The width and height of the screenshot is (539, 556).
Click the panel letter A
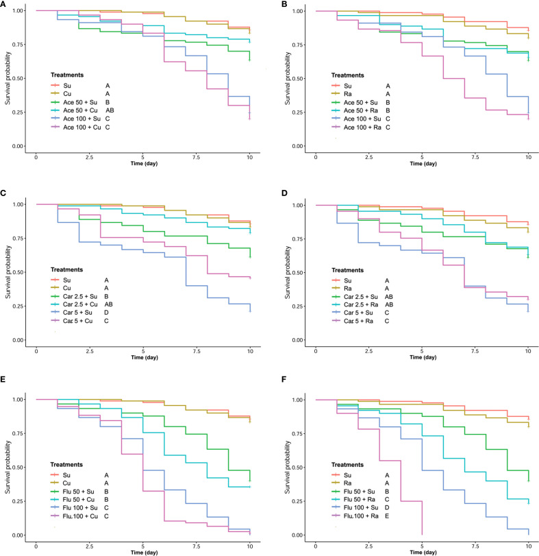[x=3, y=5]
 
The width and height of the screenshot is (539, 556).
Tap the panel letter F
[x=284, y=379]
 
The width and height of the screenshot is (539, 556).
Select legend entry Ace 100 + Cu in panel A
[x=82, y=127]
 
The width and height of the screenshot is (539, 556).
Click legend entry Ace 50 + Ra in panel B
[x=361, y=110]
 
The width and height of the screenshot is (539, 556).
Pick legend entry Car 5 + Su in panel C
[x=77, y=313]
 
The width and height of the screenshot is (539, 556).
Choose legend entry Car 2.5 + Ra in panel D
[x=361, y=304]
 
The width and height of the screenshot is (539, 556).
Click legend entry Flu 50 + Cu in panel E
[x=78, y=500]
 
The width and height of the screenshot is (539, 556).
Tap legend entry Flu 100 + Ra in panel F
[x=361, y=516]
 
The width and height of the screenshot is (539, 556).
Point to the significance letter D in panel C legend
[x=106, y=313]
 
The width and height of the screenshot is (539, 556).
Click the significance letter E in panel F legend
[x=387, y=516]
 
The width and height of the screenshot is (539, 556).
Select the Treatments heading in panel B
[x=347, y=75]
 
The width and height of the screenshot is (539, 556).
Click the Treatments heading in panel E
[x=66, y=465]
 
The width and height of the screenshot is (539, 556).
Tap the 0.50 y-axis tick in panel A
[x=18, y=78]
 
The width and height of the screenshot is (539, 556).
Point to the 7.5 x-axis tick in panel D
[x=475, y=351]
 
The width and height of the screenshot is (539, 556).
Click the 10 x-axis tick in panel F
[x=528, y=546]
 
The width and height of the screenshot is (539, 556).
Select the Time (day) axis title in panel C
[x=145, y=357]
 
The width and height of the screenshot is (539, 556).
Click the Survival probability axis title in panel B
[x=288, y=78]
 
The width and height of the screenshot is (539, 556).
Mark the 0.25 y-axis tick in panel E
[x=18, y=501]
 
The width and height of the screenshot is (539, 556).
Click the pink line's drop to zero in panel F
[x=422, y=518]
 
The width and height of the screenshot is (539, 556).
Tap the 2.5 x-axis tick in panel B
[x=369, y=157]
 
